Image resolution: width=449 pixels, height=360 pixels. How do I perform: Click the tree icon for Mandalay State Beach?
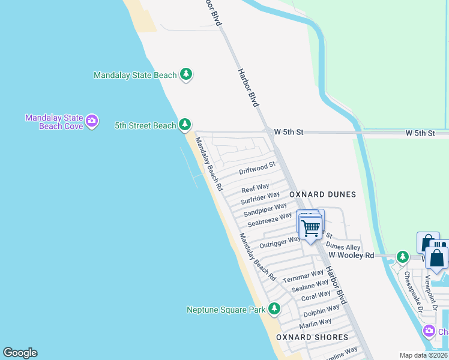point(186,74)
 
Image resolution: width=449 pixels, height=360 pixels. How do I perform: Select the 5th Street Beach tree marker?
point(185,125)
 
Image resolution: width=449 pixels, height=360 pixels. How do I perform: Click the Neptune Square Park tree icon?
point(274,309)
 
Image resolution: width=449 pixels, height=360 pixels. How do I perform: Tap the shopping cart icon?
point(310,228)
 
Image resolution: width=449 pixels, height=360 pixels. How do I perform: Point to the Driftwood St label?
point(257,167)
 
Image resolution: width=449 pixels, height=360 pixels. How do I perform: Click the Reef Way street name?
point(256,187)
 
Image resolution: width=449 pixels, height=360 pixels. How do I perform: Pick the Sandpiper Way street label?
point(265,210)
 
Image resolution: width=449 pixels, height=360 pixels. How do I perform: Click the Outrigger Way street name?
point(279,242)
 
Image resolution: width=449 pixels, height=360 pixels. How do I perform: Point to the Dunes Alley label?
point(343,246)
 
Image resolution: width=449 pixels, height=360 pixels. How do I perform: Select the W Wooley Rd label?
point(351,256)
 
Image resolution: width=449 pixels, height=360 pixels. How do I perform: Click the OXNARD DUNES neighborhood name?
point(323,194)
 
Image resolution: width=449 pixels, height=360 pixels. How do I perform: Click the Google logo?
point(20,353)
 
